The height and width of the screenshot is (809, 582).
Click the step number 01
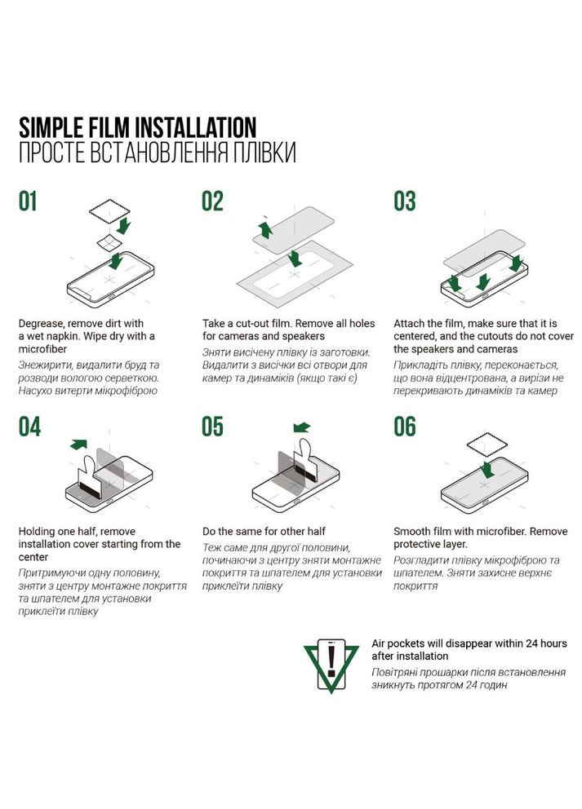click(28, 201)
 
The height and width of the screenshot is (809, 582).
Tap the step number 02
click(212, 201)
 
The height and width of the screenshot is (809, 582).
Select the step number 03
click(404, 201)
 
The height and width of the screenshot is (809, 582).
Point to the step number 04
click(29, 427)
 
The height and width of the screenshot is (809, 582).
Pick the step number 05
click(212, 427)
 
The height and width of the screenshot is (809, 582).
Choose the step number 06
click(404, 427)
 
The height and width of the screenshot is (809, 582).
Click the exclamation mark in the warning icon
click(331, 660)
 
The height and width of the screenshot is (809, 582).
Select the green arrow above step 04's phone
click(78, 444)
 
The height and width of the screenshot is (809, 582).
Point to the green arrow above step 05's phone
click(301, 427)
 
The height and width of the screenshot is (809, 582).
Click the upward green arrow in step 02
click(266, 230)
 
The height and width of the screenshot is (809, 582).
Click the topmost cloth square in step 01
click(109, 211)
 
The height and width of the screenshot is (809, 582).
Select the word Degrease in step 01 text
click(41, 324)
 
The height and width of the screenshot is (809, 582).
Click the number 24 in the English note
click(532, 643)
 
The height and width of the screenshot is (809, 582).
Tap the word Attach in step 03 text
click(408, 324)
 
